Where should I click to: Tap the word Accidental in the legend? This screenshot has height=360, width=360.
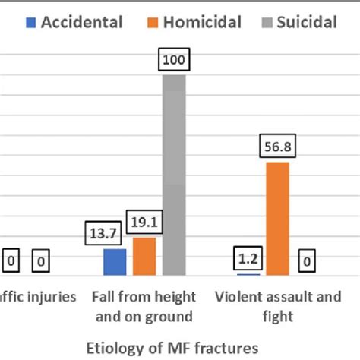point(81,22)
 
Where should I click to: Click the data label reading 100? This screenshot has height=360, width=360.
point(173,61)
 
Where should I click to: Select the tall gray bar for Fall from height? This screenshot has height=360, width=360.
point(173,175)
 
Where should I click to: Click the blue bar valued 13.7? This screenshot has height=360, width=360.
point(115,261)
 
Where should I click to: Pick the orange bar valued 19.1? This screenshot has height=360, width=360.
point(144,256)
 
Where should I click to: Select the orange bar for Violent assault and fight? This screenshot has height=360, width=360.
point(278,219)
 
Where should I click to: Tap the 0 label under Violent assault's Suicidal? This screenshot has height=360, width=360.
point(307,261)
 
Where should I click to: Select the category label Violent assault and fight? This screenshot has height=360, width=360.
point(278,306)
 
